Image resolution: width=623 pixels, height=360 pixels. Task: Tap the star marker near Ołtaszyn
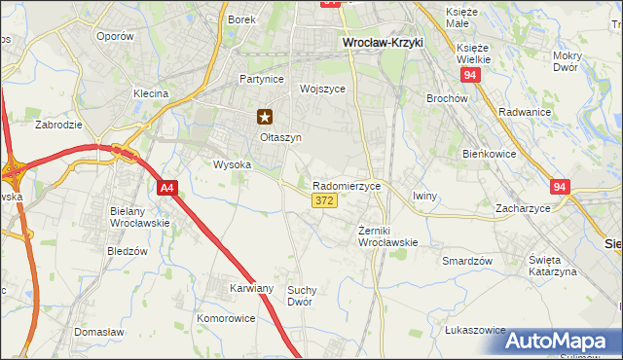pyautogui.click(x=265, y=117)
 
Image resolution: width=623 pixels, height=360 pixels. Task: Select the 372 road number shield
pyautogui.click(x=325, y=200)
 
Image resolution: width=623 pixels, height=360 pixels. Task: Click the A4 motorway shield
pyautogui.click(x=166, y=189)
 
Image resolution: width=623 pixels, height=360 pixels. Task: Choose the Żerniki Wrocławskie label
pyautogui.click(x=387, y=235)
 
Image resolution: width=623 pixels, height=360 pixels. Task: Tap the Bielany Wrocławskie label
pyautogui.click(x=140, y=217)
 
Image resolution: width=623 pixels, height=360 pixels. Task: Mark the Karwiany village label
pyautogui.click(x=252, y=289)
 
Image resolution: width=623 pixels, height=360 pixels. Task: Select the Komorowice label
pyautogui.click(x=225, y=318)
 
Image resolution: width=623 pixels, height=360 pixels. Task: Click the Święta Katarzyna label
pyautogui.click(x=553, y=266)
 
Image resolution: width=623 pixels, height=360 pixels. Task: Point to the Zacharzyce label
pyautogui.click(x=523, y=208)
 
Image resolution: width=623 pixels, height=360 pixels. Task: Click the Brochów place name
pyautogui.click(x=448, y=98)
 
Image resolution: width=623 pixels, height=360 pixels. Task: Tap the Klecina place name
pyautogui.click(x=151, y=93)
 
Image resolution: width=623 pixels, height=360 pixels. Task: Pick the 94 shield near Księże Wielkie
pyautogui.click(x=471, y=74)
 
